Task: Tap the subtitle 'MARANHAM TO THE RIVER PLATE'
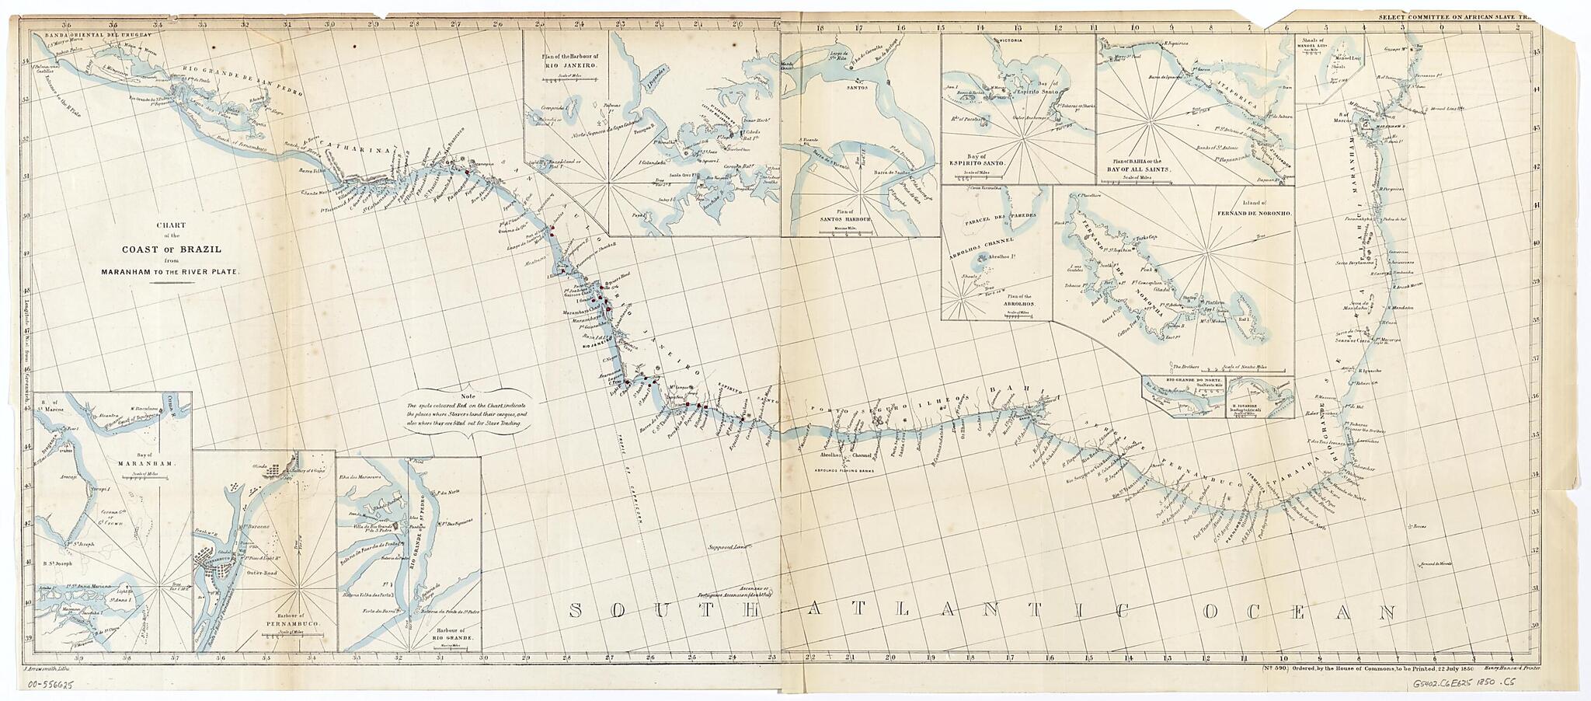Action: [x=172, y=273]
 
